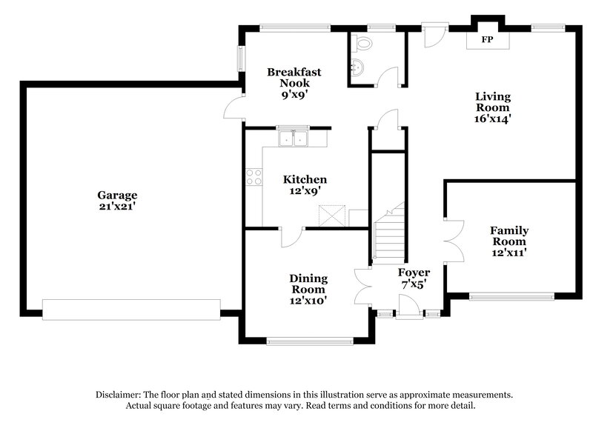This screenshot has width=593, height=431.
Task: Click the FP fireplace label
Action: tap(488, 39)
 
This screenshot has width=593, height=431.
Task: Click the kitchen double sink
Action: tap(294, 138)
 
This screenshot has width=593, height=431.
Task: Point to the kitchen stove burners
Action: tap(253, 176)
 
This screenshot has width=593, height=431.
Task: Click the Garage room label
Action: tap(117, 196)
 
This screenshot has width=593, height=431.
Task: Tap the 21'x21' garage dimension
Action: tap(117, 207)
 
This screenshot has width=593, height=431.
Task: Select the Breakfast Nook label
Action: tap(294, 78)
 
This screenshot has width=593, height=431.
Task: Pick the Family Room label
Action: tap(508, 236)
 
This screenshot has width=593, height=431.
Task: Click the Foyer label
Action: tap(414, 273)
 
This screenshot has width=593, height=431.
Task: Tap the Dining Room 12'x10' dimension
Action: tap(308, 301)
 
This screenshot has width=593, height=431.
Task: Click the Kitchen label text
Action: tap(305, 180)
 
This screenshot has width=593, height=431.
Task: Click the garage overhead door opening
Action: tap(131, 310)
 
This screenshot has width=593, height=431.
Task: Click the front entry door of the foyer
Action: tap(407, 307)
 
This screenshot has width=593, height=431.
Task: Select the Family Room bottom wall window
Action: tap(511, 297)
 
